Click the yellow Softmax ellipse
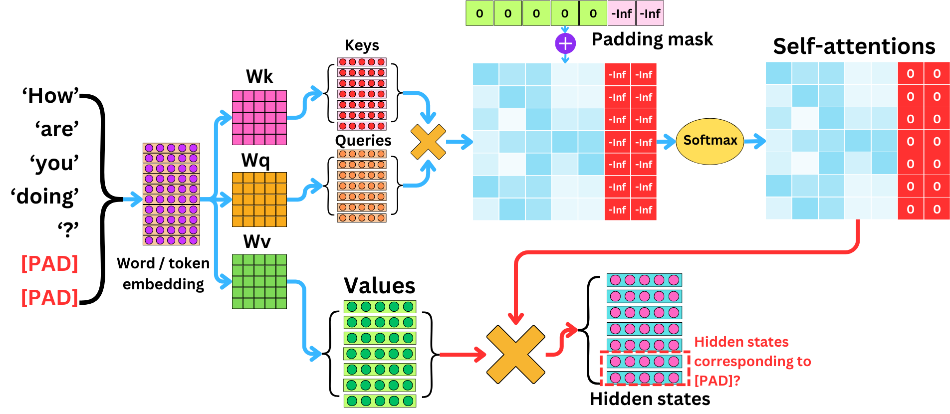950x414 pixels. click(710, 141)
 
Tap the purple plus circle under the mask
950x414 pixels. click(565, 43)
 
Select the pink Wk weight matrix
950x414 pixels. click(259, 117)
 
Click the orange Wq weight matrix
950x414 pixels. click(259, 199)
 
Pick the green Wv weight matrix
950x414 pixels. click(259, 281)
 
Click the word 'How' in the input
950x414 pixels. click(50, 95)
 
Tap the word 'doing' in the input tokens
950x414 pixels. click(45, 197)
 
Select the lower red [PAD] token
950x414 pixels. click(49, 297)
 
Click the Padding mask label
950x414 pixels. click(652, 39)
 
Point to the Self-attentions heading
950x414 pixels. click(854, 46)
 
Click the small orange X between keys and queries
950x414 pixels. click(428, 142)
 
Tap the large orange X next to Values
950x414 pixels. click(515, 355)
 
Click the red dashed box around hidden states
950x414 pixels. click(645, 368)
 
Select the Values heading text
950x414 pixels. click(379, 286)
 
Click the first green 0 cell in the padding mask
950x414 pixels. click(479, 13)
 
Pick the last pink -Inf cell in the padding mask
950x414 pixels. click(650, 13)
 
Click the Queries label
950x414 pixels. click(363, 140)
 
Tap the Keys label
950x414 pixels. click(362, 45)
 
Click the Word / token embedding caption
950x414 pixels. click(163, 273)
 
